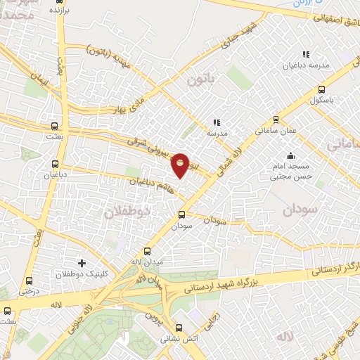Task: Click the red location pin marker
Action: tap(181, 165)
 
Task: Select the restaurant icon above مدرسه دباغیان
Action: tap(305, 54)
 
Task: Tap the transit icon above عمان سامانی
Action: tap(275, 120)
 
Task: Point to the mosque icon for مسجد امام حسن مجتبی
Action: tap(290, 156)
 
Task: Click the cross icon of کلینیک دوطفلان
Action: tap(82, 263)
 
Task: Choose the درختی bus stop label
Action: tap(27, 290)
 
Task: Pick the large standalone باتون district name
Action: tap(200, 81)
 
